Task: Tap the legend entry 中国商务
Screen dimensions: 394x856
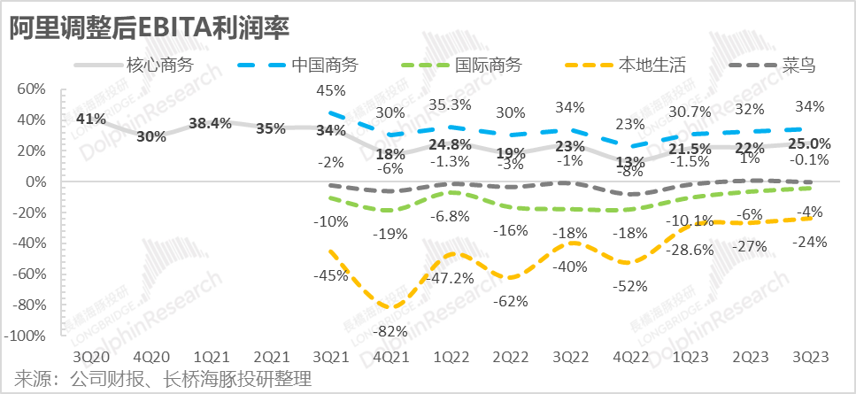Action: [x=324, y=65]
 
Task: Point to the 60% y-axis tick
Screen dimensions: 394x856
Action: [x=31, y=89]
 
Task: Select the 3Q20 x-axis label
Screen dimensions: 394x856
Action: [x=90, y=355]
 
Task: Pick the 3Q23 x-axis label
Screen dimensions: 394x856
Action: [x=810, y=355]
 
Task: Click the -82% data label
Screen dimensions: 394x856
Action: [x=390, y=332]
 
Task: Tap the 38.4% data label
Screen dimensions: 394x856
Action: [x=210, y=124]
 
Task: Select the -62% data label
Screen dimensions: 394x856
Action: [x=510, y=301]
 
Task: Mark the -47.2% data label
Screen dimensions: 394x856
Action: [x=451, y=278]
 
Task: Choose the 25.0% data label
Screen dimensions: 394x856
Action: [x=810, y=143]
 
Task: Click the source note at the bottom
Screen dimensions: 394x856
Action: [x=164, y=379]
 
